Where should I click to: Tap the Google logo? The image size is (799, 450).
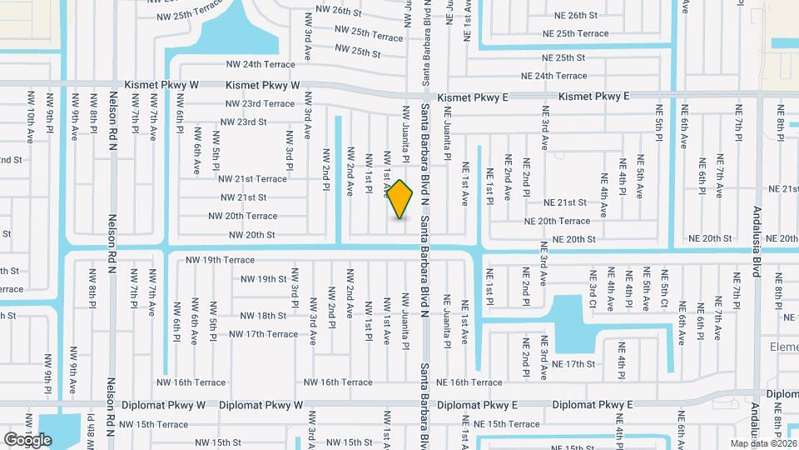tap(27, 439)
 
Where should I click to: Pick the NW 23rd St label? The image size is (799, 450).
tap(244, 122)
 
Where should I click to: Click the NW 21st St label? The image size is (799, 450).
tap(243, 197)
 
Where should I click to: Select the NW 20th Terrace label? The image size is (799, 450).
tap(242, 216)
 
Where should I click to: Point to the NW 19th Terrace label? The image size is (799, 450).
tap(220, 260)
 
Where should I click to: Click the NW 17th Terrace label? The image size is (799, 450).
tap(263, 334)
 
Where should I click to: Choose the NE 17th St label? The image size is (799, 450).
tap(574, 364)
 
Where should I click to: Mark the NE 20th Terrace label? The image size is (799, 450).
tap(557, 221)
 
